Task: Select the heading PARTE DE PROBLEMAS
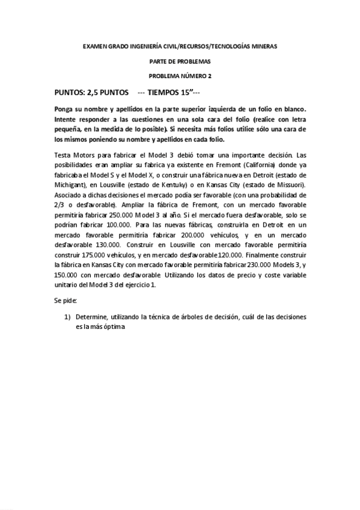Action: coord(180,61)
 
